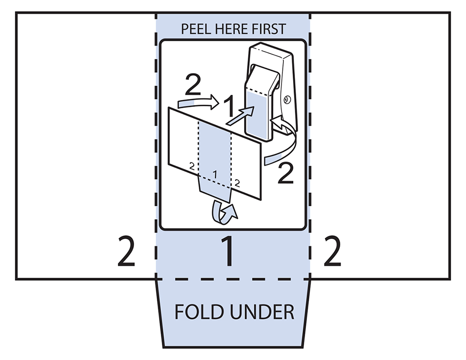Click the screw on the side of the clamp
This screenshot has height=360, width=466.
(287, 99)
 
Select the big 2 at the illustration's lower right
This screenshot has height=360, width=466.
(285, 175)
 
